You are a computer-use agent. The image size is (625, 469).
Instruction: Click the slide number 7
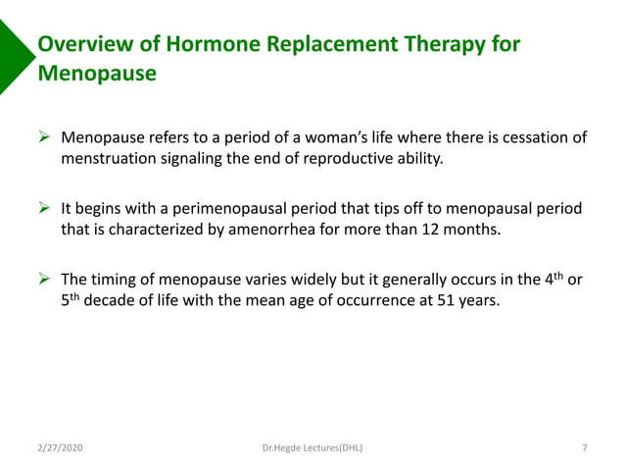pyautogui.click(x=584, y=448)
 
